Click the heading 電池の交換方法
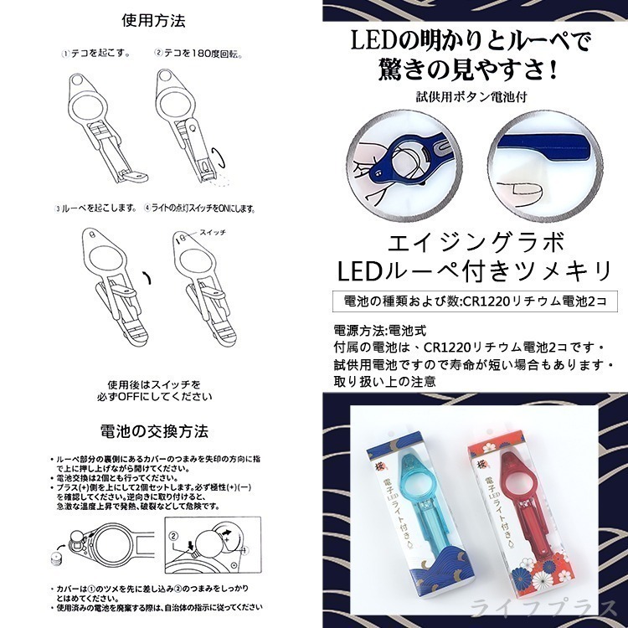tap(154, 432)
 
